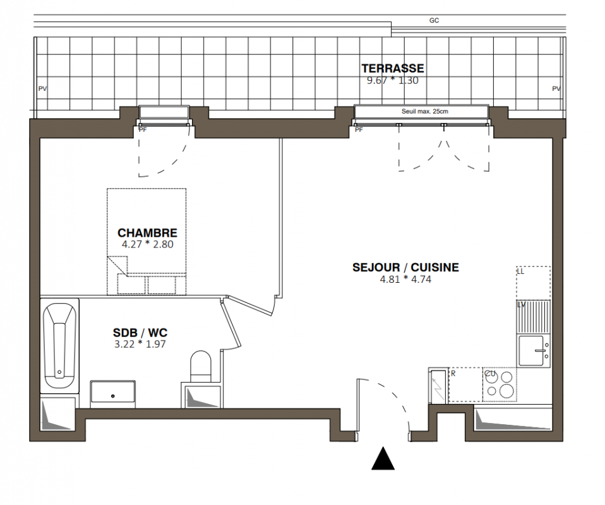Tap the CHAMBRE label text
point(147,233)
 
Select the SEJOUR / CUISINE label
point(405,268)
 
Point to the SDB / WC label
point(140,333)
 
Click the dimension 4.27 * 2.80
point(147,244)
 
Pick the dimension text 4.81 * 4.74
point(405,279)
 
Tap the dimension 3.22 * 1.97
point(140,344)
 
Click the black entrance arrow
point(383,458)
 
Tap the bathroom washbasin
point(113,395)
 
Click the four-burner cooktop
point(500,384)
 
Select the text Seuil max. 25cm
point(425,112)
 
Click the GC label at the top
point(434,20)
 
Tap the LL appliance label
point(520,271)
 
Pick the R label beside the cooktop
point(453,374)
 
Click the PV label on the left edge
point(42,89)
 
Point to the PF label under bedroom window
point(143,130)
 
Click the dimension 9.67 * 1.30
point(392,80)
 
